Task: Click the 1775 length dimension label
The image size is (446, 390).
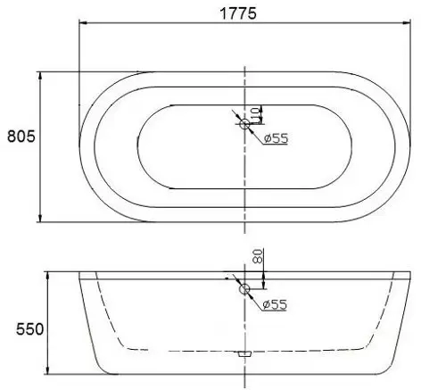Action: (238, 13)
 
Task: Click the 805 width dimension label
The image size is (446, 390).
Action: (21, 137)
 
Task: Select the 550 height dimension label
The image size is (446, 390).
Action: (29, 329)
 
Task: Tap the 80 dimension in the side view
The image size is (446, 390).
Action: (259, 256)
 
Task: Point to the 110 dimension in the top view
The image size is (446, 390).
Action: (255, 115)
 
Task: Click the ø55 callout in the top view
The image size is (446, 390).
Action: (276, 138)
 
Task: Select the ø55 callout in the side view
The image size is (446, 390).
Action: (275, 304)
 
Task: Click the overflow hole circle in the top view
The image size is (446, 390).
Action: (244, 124)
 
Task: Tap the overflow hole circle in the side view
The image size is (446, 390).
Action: (244, 289)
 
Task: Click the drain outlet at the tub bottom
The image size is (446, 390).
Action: (244, 353)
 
